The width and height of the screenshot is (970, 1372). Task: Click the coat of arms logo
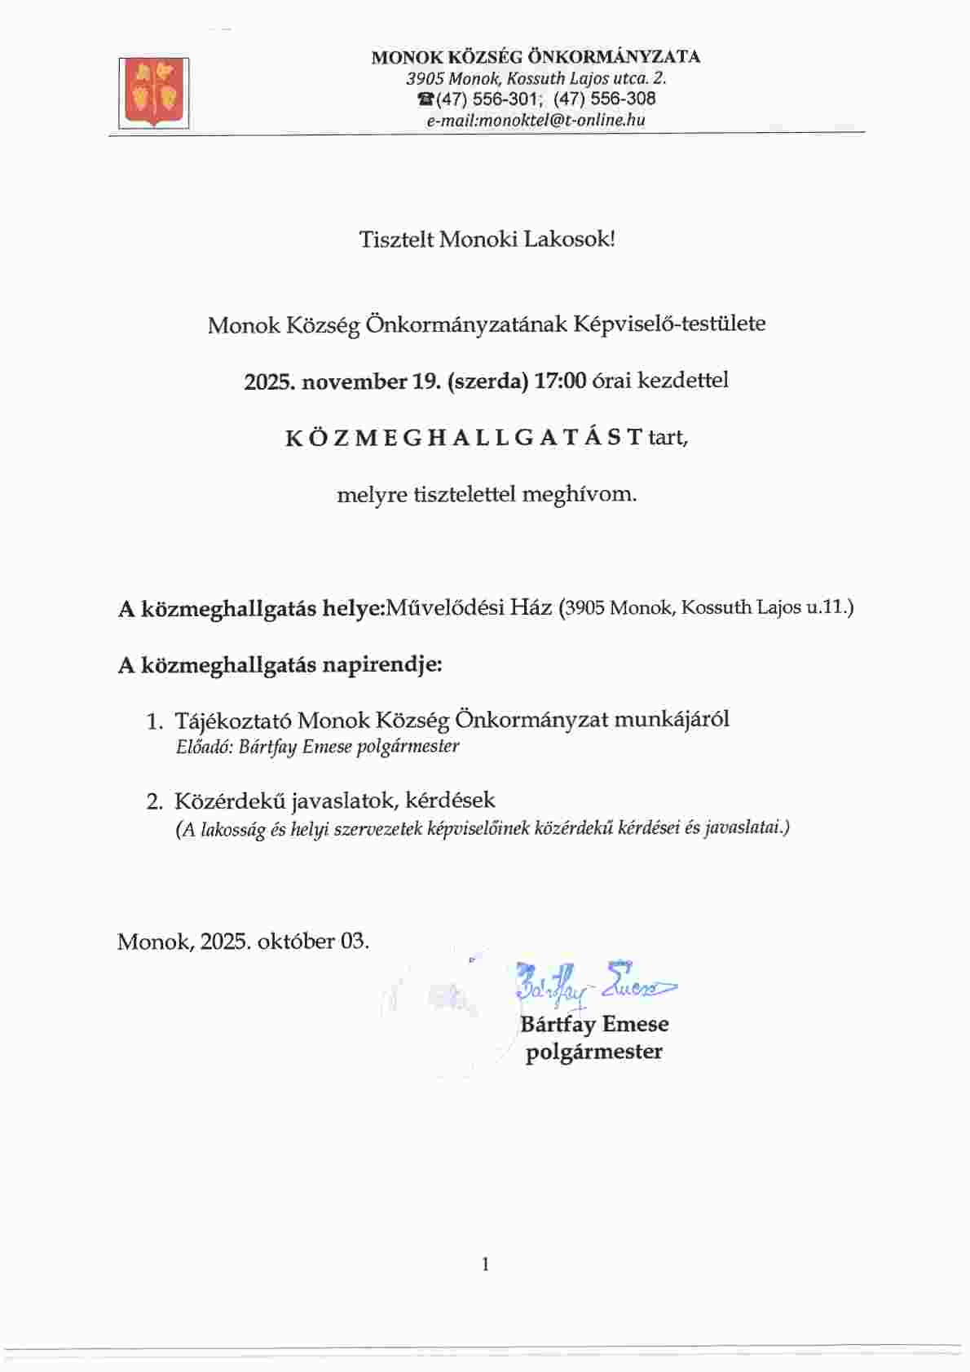click(154, 93)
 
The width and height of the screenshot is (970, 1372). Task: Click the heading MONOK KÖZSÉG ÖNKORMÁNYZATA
click(536, 57)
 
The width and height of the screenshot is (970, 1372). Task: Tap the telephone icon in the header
click(425, 99)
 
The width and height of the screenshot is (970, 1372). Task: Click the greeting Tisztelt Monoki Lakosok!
click(487, 240)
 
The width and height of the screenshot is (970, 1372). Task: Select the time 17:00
click(560, 381)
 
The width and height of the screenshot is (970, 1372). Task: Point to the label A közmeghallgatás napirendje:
click(280, 664)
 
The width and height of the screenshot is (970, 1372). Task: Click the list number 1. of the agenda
click(155, 721)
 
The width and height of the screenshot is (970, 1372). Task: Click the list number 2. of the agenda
click(155, 802)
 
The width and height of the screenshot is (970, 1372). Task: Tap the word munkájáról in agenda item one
click(671, 720)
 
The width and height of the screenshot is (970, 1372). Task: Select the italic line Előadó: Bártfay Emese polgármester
click(317, 747)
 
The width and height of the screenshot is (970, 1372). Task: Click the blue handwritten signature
click(593, 985)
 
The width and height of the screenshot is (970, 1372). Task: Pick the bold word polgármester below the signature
click(593, 1052)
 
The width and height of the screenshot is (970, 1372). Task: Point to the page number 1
click(486, 1264)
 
